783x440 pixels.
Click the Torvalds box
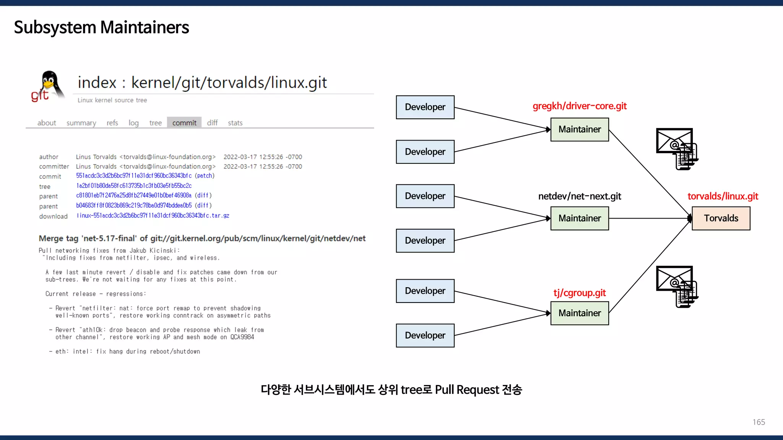[721, 218]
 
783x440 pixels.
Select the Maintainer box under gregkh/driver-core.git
[579, 129]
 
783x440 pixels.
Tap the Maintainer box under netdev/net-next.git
[579, 218]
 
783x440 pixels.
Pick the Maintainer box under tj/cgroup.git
[579, 313]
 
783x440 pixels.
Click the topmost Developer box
[425, 107]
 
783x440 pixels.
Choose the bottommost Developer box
[425, 335]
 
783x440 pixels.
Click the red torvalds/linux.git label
[723, 196]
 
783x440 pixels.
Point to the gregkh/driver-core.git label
[579, 106]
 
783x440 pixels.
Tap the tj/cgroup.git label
[579, 293]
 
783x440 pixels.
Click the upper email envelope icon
[676, 148]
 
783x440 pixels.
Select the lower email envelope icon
[676, 286]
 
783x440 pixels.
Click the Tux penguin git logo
[48, 86]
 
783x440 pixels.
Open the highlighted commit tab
[184, 123]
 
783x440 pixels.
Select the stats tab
[235, 123]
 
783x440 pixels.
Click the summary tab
[81, 123]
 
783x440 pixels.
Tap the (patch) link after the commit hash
[205, 176]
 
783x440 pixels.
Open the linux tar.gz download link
[153, 216]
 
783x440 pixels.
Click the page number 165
[759, 422]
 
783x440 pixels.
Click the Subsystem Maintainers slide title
[101, 27]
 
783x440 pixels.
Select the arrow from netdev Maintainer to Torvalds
[650, 218]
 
